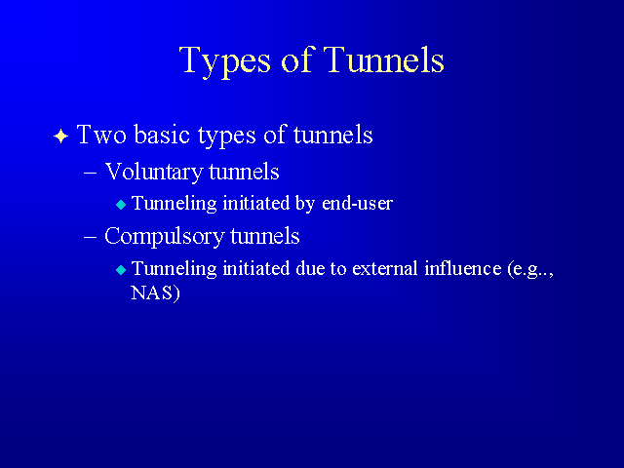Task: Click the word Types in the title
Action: (225, 61)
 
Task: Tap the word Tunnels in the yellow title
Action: (383, 59)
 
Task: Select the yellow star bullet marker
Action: (60, 136)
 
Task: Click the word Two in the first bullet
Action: (101, 135)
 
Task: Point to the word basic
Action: (162, 134)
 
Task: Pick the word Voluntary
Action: (154, 173)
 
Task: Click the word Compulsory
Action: (164, 237)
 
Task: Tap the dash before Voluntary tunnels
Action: (91, 174)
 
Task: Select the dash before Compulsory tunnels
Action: (91, 237)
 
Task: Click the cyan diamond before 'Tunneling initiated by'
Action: (121, 205)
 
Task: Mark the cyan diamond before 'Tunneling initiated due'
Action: (121, 270)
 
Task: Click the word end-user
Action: (358, 204)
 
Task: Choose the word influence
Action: (463, 268)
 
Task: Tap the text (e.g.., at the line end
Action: (530, 270)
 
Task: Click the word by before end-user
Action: (305, 204)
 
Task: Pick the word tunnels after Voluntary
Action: (244, 173)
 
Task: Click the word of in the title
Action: (296, 59)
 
